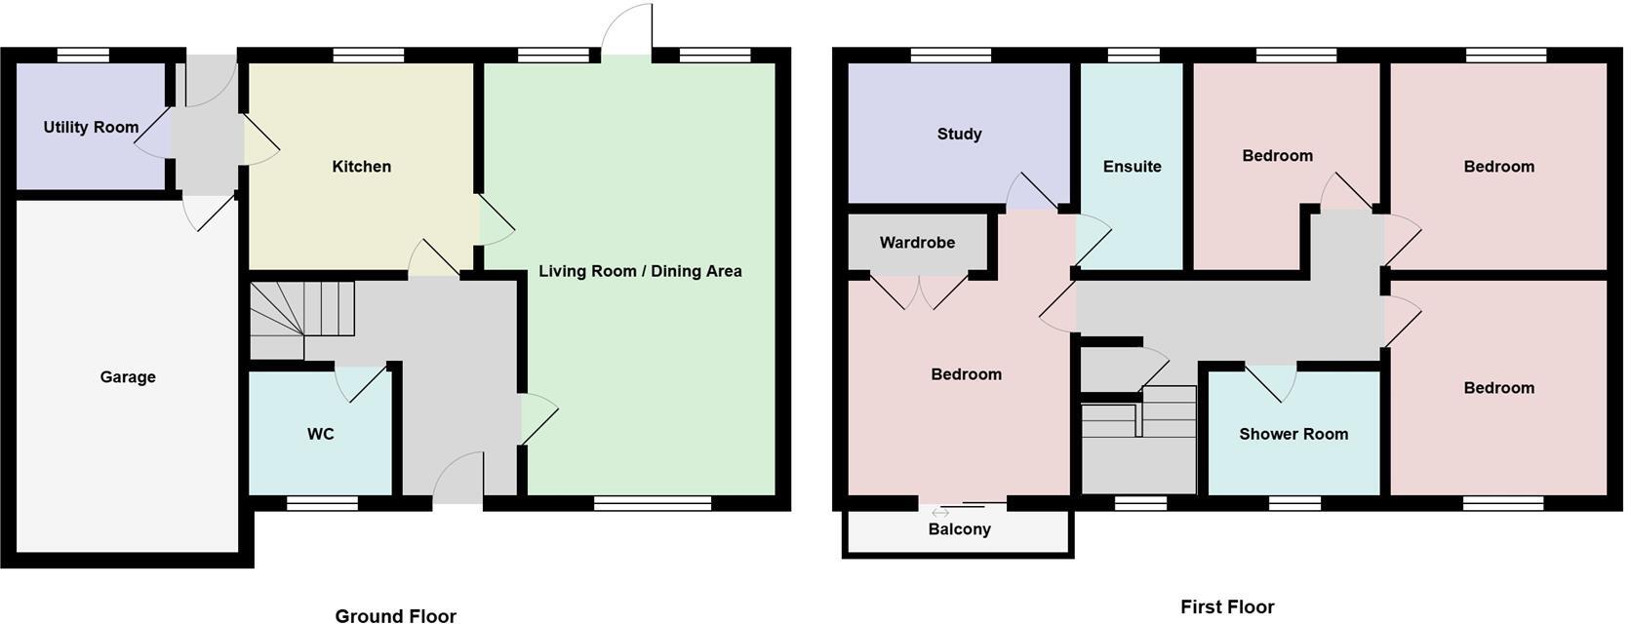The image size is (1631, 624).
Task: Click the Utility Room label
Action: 91,128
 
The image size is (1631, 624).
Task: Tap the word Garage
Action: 128,377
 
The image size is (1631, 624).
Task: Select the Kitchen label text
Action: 361,167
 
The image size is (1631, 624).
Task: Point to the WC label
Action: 320,434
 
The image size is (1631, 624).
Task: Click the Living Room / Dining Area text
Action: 640,271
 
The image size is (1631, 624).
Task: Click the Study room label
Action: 959,135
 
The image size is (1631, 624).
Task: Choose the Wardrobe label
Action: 917,243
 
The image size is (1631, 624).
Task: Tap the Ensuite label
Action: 1132,167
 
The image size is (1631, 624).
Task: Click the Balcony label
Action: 959,529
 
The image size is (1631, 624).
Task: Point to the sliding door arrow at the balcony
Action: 940,513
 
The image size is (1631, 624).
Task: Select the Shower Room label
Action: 1293,435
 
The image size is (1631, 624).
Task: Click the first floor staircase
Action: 1138,439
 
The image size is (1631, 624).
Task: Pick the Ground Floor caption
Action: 395,615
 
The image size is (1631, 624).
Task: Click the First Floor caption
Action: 1227,607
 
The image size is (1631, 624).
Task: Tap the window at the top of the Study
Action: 950,56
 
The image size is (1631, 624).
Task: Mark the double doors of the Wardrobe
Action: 919,291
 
